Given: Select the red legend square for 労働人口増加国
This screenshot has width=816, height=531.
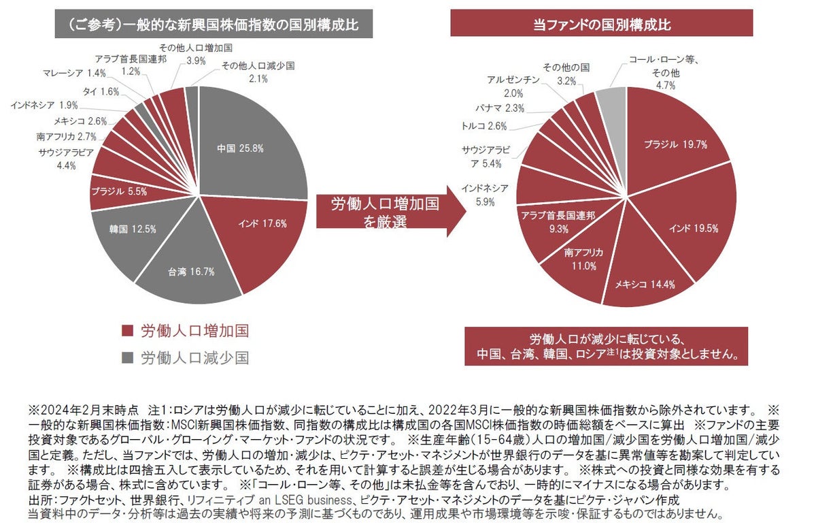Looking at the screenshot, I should [x=126, y=332].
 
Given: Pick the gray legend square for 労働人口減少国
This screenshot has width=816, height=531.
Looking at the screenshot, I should [x=126, y=357].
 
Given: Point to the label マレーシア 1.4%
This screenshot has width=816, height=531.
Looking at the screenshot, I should [x=73, y=73].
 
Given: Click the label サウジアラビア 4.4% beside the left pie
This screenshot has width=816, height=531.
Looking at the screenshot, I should [x=66, y=158].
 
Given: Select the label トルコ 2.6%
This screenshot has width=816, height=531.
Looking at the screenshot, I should [x=483, y=126].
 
